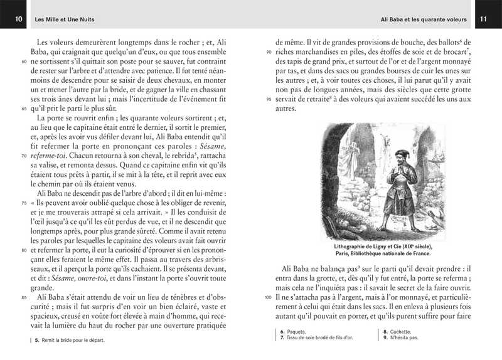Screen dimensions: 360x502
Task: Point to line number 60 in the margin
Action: [x=24, y=63]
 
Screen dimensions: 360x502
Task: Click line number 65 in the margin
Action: [x=24, y=108]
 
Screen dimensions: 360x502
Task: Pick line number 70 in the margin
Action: [x=24, y=155]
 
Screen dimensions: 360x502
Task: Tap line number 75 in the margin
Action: [x=24, y=203]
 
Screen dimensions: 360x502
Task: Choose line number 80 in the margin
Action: [x=24, y=250]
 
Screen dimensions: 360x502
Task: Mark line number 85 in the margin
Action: [x=24, y=297]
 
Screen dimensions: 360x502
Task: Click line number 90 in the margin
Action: [x=269, y=51]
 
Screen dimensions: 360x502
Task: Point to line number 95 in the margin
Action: [x=269, y=98]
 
